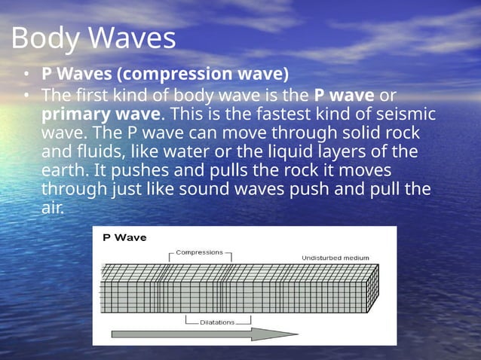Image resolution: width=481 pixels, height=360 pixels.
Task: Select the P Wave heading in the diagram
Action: tap(124, 238)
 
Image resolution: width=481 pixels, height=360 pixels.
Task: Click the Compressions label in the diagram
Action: tap(199, 253)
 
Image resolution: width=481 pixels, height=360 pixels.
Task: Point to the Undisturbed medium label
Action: tap(335, 258)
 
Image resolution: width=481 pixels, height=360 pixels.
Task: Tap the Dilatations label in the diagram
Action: tap(217, 322)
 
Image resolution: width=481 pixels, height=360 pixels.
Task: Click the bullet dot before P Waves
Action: tap(26, 75)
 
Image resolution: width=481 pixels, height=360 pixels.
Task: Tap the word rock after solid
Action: tap(402, 133)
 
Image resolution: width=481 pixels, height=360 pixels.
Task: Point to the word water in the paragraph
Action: tap(188, 151)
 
